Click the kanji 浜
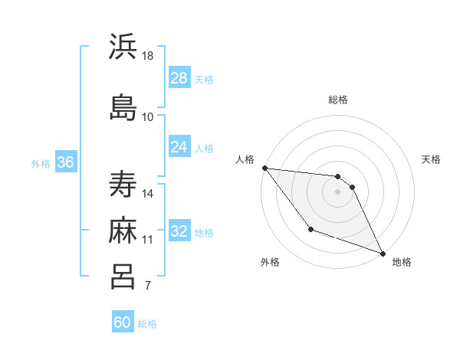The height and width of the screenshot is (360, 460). pos(123,47)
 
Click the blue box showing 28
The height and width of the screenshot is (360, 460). pos(179,78)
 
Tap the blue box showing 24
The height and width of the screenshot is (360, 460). pos(179,147)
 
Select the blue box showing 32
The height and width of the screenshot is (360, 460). pos(179,231)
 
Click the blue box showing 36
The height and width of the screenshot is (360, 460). pos(65,162)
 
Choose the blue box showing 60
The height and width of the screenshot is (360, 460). pos(123,322)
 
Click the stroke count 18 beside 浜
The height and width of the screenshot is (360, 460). pos(148,56)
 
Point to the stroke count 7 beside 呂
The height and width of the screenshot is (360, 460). pos(147,286)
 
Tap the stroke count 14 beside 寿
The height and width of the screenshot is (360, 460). pos(148,194)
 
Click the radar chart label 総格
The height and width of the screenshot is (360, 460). pos(337,100)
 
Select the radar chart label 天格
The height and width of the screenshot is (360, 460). pos(431,159)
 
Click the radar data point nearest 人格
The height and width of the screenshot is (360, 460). pos(264,168)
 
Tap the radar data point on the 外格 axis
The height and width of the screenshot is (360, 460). pos(310,229)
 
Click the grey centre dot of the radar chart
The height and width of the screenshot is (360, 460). pos(337,191)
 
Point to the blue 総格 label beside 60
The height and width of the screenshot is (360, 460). pos(147,324)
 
